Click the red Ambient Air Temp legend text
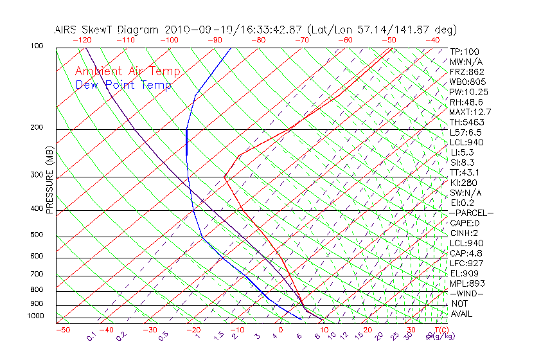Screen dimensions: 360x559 127,72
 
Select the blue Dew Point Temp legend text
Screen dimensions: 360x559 123,85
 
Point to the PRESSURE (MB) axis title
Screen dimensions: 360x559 49,181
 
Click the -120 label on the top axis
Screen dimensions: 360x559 82,40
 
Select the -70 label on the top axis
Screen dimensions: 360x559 301,40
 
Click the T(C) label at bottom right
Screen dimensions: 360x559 441,330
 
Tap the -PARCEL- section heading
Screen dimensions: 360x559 471,213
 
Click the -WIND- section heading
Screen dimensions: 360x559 466,293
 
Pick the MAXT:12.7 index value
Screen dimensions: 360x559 468,113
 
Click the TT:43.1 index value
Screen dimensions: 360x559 464,172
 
